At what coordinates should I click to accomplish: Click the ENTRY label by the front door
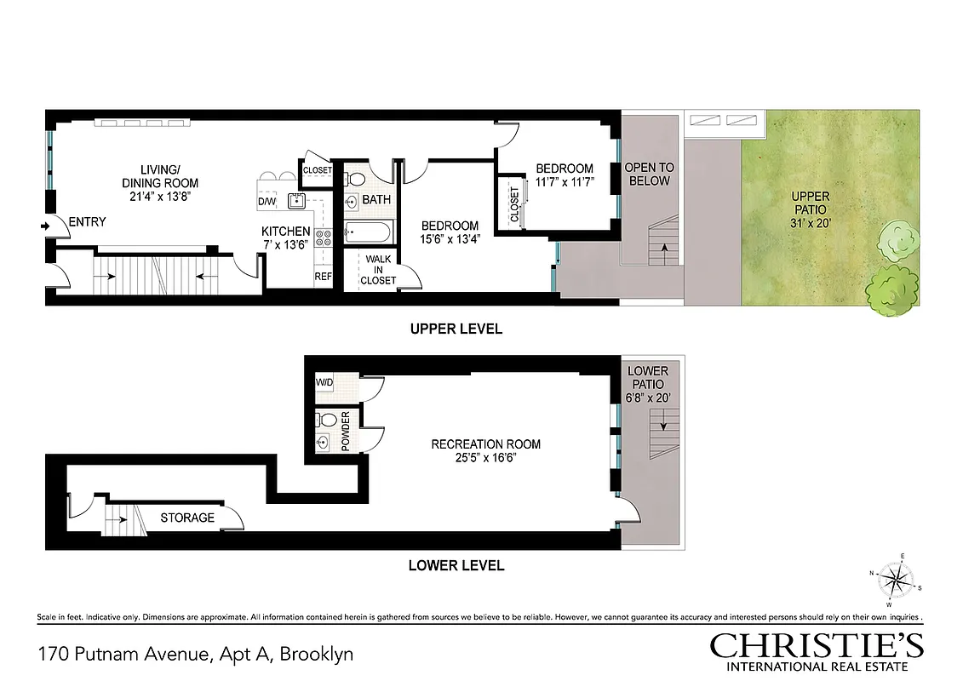(x=87, y=222)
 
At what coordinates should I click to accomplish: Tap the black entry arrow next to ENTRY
(x=44, y=226)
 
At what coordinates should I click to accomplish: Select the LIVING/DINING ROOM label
(x=159, y=176)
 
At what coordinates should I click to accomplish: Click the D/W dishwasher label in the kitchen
(x=267, y=202)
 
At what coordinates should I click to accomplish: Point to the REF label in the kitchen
(x=323, y=276)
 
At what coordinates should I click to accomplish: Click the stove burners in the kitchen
(x=323, y=237)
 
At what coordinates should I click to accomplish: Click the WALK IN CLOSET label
(x=378, y=270)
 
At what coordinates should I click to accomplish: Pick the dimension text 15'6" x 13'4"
(x=450, y=239)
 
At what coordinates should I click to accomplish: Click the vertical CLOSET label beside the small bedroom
(x=514, y=204)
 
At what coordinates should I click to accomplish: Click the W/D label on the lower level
(x=324, y=383)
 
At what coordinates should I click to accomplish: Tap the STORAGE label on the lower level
(x=187, y=518)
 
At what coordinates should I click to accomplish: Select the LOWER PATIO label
(x=647, y=378)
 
